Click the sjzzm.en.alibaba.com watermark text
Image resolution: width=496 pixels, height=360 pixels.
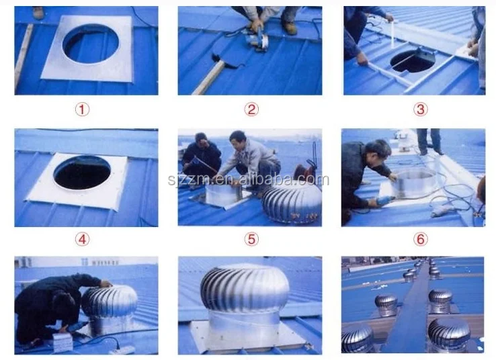point(249,179)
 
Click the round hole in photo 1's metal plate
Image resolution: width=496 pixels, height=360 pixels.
point(90,44)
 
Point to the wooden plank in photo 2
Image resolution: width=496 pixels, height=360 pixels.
point(208,78)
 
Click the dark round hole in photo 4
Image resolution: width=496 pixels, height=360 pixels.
point(82,173)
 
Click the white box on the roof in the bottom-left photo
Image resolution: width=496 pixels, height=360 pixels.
point(63,343)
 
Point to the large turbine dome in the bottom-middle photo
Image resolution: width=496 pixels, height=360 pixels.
point(245,289)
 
